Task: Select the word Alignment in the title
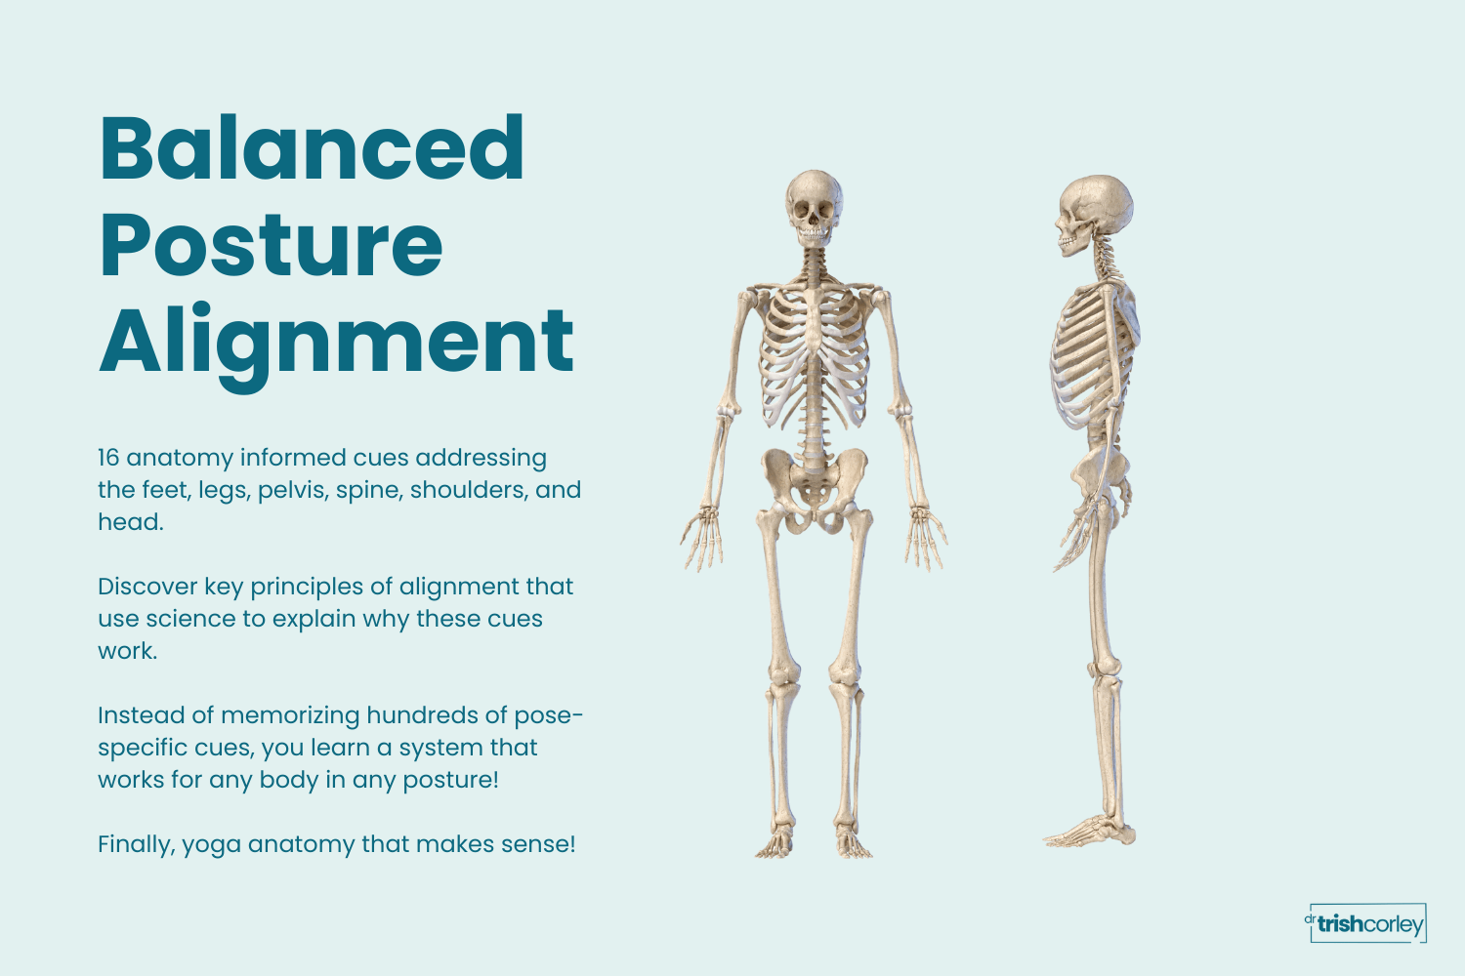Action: tap(337, 342)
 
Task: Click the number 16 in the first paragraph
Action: tap(108, 458)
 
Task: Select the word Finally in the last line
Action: tap(136, 844)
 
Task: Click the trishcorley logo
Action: tap(1367, 923)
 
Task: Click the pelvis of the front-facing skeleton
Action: tap(815, 483)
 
